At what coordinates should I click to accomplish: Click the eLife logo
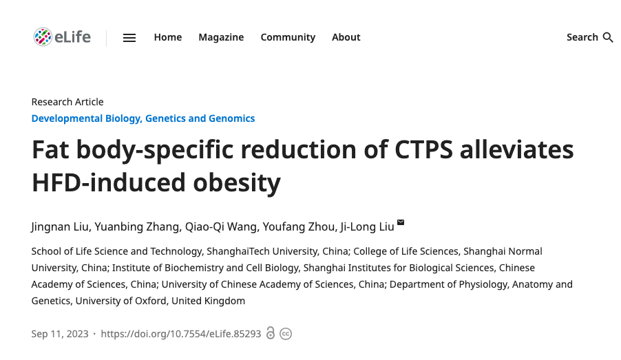(62, 37)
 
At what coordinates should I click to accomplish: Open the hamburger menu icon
(129, 38)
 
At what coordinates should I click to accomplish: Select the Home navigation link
(168, 37)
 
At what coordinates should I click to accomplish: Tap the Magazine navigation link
(221, 37)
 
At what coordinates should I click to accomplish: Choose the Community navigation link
(288, 37)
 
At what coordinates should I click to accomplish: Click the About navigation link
(346, 37)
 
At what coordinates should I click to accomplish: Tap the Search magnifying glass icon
(608, 37)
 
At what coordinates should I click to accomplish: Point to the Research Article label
(67, 102)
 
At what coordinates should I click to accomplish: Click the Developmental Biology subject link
(85, 118)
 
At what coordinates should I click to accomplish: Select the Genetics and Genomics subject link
(200, 118)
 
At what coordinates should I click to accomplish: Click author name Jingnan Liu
(60, 226)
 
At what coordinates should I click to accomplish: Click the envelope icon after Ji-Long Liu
(401, 222)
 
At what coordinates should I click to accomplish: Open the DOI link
(181, 334)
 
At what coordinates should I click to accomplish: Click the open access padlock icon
(271, 333)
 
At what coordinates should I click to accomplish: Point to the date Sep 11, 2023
(60, 334)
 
